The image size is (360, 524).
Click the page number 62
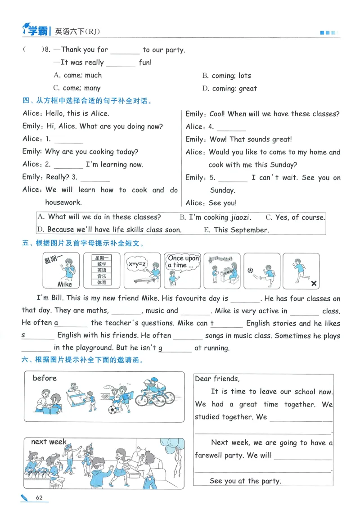pos(39,497)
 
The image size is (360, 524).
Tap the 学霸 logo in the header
pos(36,30)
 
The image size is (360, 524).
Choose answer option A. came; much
pos(77,75)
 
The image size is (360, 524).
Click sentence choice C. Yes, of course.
pos(295,217)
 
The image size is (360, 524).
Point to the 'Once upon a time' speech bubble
pos(183,262)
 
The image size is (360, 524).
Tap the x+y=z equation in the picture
pos(137,264)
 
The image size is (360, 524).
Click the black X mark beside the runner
pos(314,284)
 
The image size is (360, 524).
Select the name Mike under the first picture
pos(65,284)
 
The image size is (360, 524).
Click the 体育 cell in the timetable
pos(102,282)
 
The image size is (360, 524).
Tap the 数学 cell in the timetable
pos(102,264)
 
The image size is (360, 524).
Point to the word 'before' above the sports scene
pos(45,378)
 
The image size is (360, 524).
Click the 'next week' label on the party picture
pos(49,442)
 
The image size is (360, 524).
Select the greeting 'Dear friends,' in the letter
pos(217,379)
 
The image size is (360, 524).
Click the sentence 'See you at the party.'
pos(245,481)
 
